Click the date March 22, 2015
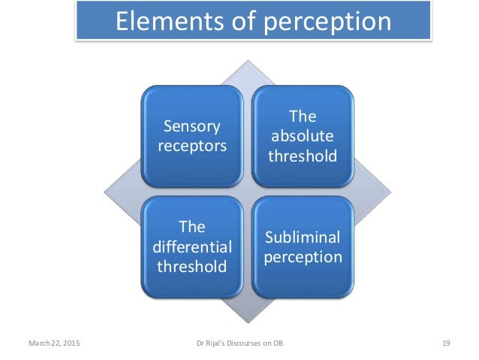56,343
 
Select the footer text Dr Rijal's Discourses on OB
239,343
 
